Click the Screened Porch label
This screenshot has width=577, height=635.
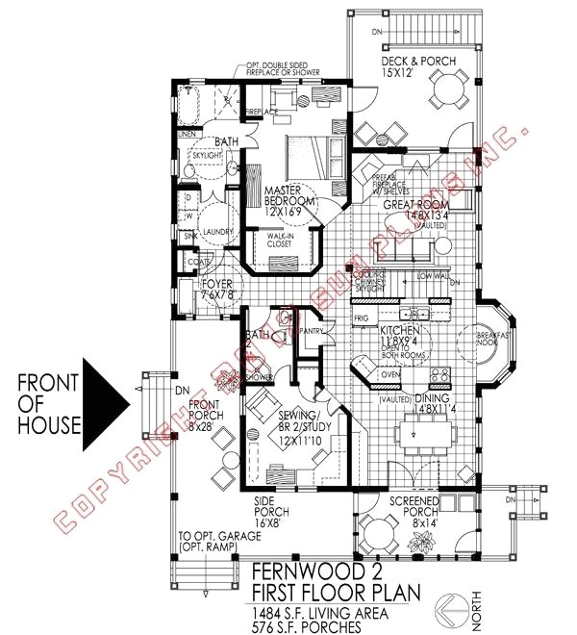[416, 507]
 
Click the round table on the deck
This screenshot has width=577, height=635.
[446, 93]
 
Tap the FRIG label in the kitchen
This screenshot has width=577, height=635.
[363, 317]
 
